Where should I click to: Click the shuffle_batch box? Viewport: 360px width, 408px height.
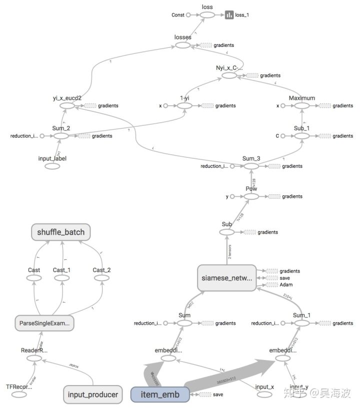[x=61, y=232]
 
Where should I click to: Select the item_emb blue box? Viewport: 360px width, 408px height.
[x=160, y=395]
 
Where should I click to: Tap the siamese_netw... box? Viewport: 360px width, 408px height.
[x=226, y=278]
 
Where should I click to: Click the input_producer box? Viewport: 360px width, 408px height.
[x=93, y=395]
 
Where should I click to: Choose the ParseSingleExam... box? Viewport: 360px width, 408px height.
[x=44, y=323]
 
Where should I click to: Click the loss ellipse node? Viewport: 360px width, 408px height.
[x=207, y=15]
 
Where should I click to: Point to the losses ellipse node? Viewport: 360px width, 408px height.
[x=183, y=45]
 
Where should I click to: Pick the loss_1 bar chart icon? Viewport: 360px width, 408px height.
[x=229, y=15]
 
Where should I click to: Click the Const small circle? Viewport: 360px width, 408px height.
[x=188, y=15]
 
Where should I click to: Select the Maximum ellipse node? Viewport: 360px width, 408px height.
[x=302, y=106]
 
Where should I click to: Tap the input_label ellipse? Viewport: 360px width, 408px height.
[x=52, y=166]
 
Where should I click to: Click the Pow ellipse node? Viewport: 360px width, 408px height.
[x=251, y=197]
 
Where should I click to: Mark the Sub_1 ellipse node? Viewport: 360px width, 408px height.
[x=302, y=136]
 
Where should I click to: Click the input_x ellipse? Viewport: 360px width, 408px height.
[x=264, y=395]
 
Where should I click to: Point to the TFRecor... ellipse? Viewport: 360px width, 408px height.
[x=19, y=395]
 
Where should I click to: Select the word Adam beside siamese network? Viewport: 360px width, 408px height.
[x=286, y=285]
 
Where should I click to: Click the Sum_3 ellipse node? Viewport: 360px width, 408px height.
[x=251, y=166]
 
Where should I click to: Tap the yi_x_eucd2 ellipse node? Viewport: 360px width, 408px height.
[x=67, y=106]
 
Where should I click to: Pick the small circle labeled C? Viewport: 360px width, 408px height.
[x=282, y=136]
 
